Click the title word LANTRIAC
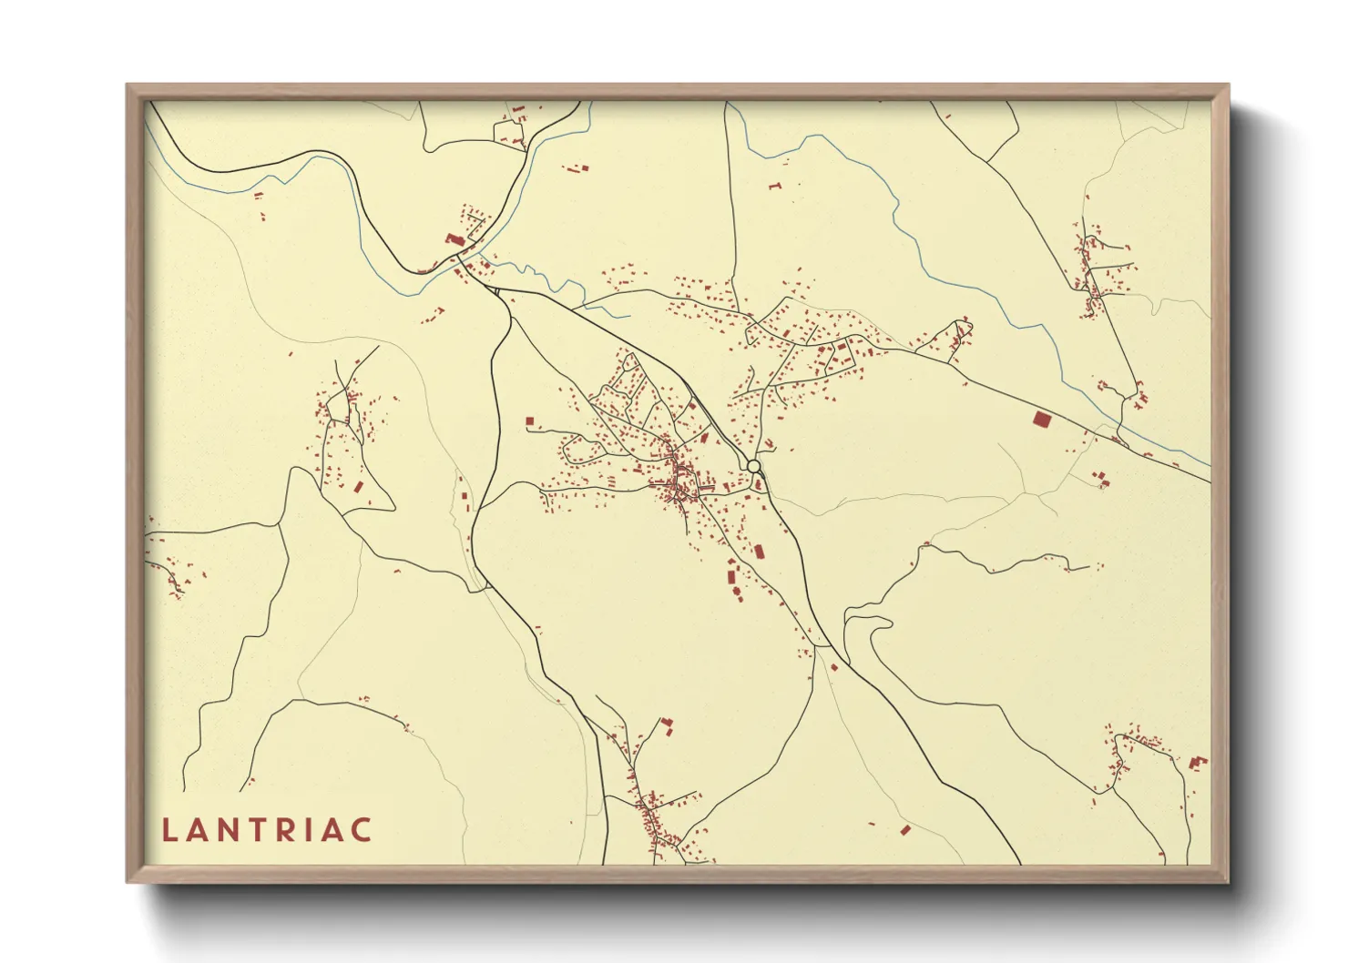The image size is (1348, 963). pyautogui.click(x=267, y=830)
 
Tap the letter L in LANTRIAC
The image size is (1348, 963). pyautogui.click(x=168, y=830)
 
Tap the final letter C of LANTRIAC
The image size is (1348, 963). pyautogui.click(x=363, y=830)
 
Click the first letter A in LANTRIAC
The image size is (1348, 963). pyautogui.click(x=195, y=830)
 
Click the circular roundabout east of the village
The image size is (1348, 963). pyautogui.click(x=753, y=466)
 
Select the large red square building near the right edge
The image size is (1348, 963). pyautogui.click(x=1042, y=420)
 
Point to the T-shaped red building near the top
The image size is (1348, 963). pyautogui.click(x=775, y=186)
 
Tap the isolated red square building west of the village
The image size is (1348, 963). pyautogui.click(x=529, y=421)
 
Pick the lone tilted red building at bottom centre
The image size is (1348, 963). pyautogui.click(x=904, y=830)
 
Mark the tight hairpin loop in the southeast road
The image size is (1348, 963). pyautogui.click(x=861, y=623)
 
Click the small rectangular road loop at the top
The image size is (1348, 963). pyautogui.click(x=509, y=132)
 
